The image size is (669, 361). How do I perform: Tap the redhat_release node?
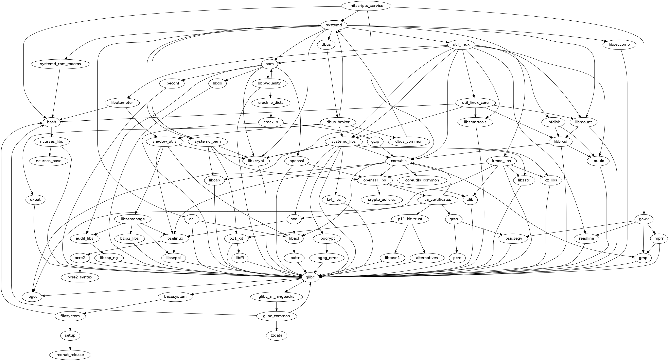(70, 355)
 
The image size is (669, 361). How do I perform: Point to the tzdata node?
(277, 335)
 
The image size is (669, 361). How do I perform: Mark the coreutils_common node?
(422, 180)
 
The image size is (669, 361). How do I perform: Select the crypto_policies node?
(382, 199)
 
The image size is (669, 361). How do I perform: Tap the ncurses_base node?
(49, 161)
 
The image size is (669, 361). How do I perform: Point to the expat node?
(35, 200)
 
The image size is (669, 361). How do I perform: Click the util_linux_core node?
(475, 103)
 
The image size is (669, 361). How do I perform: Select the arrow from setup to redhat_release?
(70, 345)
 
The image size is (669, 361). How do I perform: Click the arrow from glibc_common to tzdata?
(277, 326)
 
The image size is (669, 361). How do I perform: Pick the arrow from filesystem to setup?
(70, 326)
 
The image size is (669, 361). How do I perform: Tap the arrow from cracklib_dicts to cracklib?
(271, 113)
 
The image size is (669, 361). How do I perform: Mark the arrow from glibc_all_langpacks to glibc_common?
(277, 306)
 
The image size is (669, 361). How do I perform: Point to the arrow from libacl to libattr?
(294, 248)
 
